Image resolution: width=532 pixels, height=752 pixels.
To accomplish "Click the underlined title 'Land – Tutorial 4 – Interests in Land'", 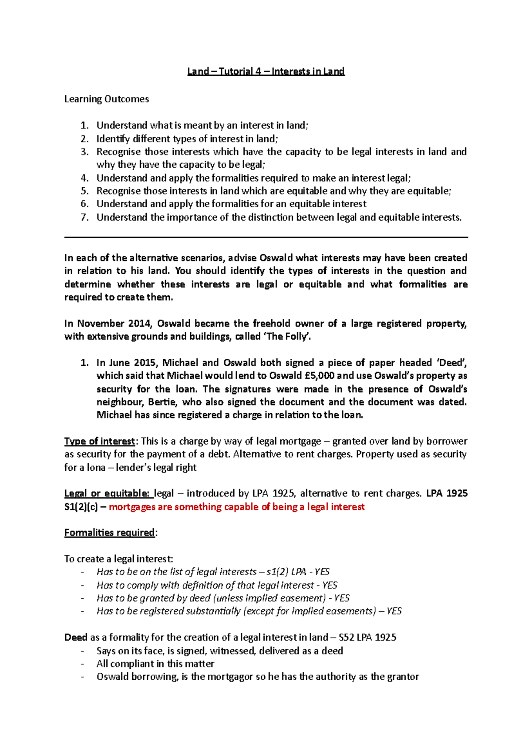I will coord(266,71).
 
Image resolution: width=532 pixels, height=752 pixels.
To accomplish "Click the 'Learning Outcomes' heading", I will coord(106,99).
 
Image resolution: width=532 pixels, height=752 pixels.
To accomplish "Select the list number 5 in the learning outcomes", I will coord(85,191).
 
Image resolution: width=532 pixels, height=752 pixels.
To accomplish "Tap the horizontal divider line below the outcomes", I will coord(266,237).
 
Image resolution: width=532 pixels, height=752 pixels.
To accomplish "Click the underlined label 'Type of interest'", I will coord(100,442).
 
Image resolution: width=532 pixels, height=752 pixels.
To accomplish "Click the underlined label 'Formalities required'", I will coord(110,533).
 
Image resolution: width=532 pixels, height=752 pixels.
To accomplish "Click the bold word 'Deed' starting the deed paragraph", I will coord(76,638).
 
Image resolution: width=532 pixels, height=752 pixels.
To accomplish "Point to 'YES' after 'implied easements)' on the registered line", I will coord(394,612).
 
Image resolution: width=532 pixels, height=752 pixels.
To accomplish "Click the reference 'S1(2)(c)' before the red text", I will coord(81,507).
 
